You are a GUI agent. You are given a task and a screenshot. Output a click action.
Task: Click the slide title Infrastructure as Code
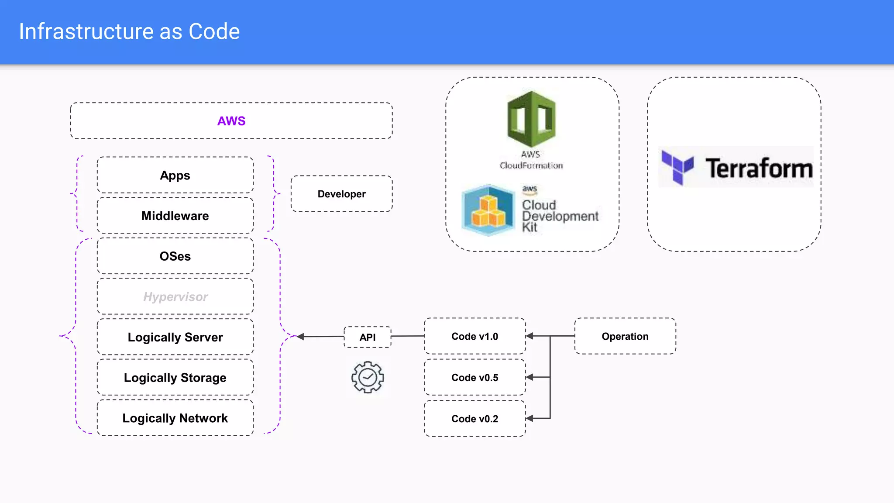pos(129,31)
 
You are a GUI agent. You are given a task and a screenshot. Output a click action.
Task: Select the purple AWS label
pos(231,121)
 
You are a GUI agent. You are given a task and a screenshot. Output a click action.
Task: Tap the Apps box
pos(175,175)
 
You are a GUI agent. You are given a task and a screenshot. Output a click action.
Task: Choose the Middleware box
pos(175,216)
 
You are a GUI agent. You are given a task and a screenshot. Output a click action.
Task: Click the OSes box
pos(175,256)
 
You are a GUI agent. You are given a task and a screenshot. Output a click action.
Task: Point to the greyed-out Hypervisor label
pos(175,297)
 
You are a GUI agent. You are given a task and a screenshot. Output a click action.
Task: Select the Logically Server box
pos(175,337)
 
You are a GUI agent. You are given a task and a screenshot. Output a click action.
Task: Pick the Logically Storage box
pos(175,378)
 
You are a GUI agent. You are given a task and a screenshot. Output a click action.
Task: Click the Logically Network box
pos(175,418)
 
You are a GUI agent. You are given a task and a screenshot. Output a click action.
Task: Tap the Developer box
pos(341,194)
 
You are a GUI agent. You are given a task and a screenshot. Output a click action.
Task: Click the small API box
pos(368,337)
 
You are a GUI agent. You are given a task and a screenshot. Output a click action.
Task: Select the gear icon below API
pos(368,377)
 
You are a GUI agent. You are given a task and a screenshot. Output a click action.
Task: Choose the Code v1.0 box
pos(475,336)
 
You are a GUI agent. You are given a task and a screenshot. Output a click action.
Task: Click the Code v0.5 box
pos(475,378)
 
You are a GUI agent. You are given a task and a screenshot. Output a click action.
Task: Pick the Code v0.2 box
pos(475,419)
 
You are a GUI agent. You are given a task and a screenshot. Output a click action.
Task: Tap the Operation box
pos(625,336)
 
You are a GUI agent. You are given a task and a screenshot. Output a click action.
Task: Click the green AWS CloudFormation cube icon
pos(531,119)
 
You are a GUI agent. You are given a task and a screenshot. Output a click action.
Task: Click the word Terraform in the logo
pos(759,169)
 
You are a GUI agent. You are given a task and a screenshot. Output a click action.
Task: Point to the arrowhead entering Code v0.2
pos(530,418)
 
